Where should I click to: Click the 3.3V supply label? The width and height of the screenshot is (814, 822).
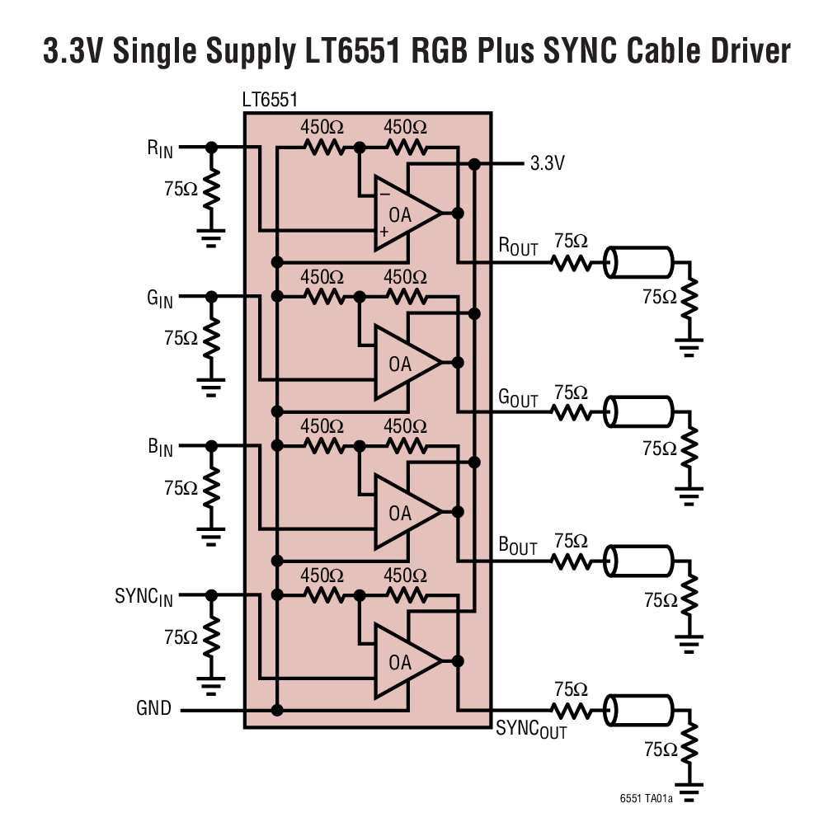tap(547, 163)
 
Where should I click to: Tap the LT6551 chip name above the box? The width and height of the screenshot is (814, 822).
tap(271, 101)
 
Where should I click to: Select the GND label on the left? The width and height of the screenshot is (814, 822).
tap(154, 709)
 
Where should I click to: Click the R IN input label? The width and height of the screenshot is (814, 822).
tap(161, 148)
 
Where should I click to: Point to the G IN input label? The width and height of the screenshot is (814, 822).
tap(160, 298)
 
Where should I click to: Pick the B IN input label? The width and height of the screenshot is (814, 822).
tap(161, 448)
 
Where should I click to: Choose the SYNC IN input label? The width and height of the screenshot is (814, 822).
tap(144, 597)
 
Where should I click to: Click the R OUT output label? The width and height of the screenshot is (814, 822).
tap(518, 247)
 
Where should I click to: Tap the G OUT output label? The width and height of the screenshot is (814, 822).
tap(518, 397)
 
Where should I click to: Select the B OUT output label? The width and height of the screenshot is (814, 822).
tap(518, 546)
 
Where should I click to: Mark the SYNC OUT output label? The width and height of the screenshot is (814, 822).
tap(531, 729)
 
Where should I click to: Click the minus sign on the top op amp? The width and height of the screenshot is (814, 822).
tap(383, 195)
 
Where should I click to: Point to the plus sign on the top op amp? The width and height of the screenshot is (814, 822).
tap(383, 233)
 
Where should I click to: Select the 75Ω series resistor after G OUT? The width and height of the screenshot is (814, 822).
tap(571, 412)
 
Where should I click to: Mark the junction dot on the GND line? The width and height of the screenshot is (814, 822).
tap(278, 710)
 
